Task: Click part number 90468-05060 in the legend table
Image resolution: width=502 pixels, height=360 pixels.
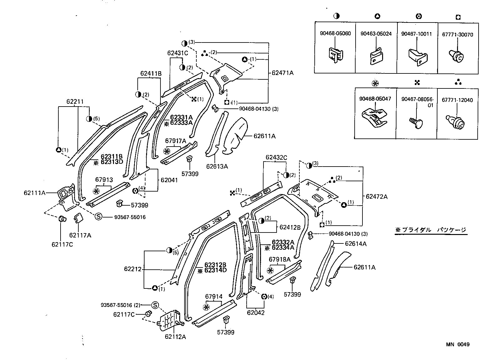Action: [x=335, y=33]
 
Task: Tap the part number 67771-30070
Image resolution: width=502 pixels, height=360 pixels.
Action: [x=457, y=35]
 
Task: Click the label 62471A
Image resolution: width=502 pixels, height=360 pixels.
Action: [x=283, y=73]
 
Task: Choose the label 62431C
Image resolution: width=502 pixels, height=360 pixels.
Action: [x=178, y=53]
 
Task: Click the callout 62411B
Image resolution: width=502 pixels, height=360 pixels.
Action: [x=151, y=74]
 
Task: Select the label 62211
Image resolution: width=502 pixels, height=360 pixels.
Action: [x=75, y=102]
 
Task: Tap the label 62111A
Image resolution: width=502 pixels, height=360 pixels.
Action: [x=34, y=193]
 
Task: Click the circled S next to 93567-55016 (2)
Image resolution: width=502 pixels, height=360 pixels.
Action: [x=155, y=305]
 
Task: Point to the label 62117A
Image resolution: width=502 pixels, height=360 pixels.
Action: [x=80, y=235]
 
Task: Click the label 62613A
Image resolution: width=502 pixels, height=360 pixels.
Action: [x=217, y=167]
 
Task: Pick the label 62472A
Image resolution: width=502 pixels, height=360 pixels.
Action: [x=376, y=197]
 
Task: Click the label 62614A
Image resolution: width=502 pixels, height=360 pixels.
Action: [x=356, y=243]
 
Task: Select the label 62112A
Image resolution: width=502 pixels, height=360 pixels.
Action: [x=175, y=337]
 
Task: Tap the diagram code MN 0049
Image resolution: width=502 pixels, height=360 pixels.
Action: [x=457, y=345]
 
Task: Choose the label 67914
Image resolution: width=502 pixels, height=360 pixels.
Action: [x=214, y=297]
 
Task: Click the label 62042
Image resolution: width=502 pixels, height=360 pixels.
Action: [x=256, y=312]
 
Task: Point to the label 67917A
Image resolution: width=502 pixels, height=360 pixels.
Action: [x=175, y=141]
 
